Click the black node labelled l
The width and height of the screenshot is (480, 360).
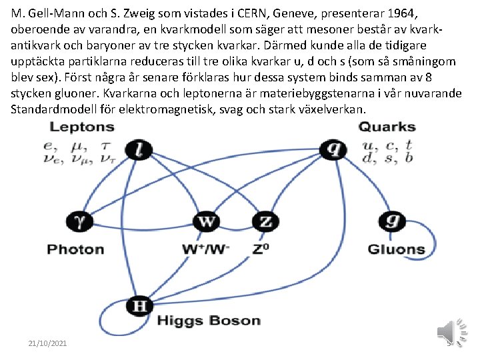(139, 149)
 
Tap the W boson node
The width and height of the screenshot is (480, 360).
(207, 221)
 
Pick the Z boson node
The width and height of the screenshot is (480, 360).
(266, 221)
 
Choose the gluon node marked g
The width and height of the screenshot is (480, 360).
(391, 221)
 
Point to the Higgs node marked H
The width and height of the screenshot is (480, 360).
(139, 306)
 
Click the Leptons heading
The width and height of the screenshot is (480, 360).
(82, 127)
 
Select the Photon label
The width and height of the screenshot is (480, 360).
(75, 249)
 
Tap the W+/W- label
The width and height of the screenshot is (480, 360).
(206, 249)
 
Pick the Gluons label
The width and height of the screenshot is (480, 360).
(396, 249)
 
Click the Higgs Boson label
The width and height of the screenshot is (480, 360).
(208, 321)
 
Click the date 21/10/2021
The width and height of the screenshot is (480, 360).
(47, 343)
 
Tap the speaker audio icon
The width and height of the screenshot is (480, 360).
(448, 332)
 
